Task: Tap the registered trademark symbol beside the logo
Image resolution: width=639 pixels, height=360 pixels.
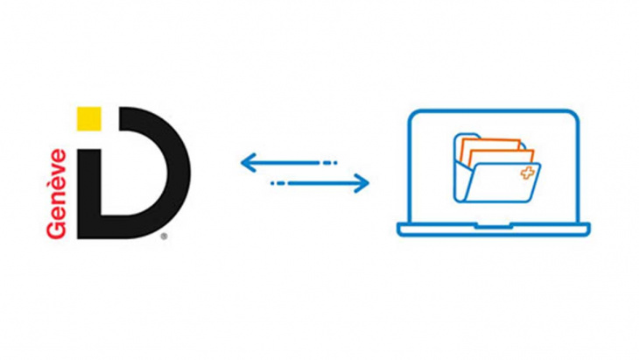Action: [x=164, y=236]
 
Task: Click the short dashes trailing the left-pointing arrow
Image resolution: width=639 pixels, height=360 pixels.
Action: [x=330, y=162]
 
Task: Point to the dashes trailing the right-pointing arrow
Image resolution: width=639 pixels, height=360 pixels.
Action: [x=278, y=183]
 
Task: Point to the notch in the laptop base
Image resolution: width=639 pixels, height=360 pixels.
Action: [x=494, y=226]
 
